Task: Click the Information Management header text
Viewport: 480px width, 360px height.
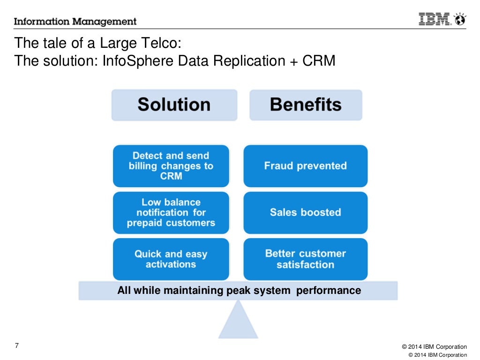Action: pos(75,22)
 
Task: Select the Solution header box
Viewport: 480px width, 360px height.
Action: pos(174,105)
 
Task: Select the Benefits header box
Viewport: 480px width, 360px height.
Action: pos(306,105)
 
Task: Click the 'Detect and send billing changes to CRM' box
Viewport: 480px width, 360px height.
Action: pos(171,166)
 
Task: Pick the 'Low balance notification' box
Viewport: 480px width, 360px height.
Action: pos(171,213)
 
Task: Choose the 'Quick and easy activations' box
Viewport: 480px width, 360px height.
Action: pos(171,259)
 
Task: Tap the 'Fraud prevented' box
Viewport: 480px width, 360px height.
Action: pos(305,166)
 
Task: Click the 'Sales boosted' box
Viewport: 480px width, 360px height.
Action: pos(305,213)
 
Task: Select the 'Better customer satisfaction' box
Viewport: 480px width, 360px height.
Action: pos(305,259)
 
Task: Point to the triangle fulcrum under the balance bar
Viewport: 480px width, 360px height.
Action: pos(238,321)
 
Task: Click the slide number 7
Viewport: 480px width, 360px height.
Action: pos(17,346)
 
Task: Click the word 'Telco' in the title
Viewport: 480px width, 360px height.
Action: pos(157,44)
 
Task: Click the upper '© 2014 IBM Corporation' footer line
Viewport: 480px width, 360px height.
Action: pos(434,347)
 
